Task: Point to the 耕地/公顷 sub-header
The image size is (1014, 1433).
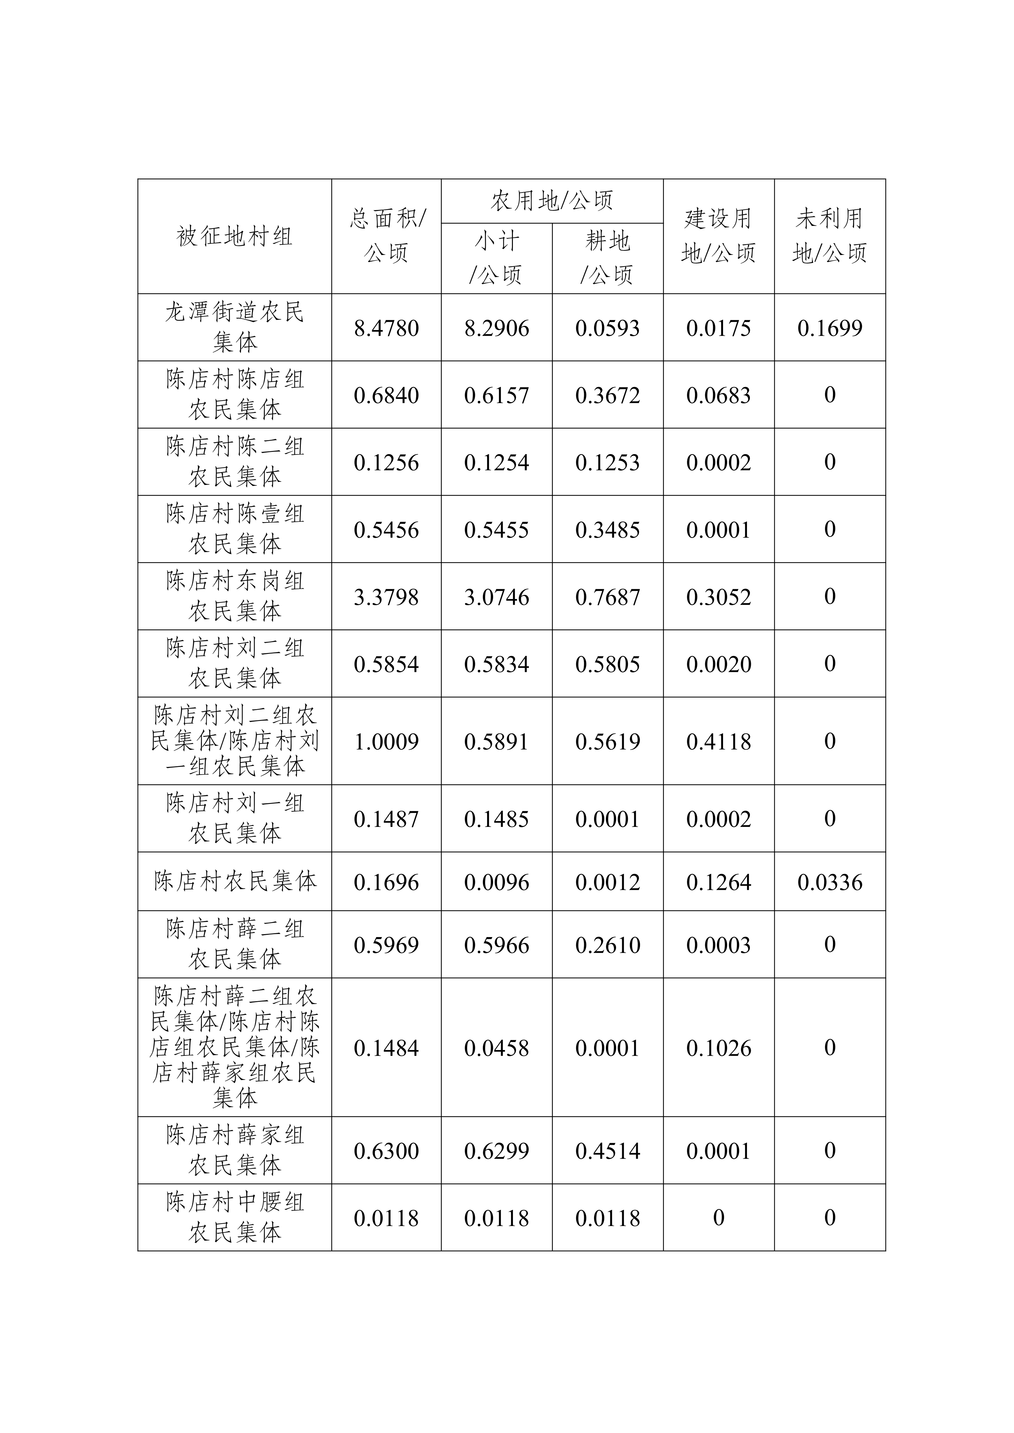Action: (x=607, y=258)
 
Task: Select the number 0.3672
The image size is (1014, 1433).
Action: (x=607, y=395)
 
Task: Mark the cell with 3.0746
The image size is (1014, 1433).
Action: (x=496, y=597)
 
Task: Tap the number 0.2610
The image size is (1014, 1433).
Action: (x=607, y=945)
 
